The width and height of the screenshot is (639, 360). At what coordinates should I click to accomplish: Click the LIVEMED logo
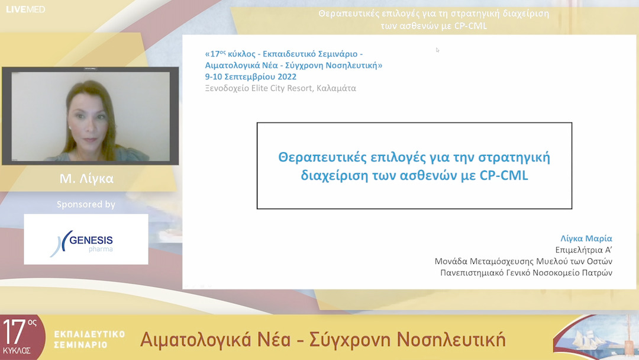coord(25,9)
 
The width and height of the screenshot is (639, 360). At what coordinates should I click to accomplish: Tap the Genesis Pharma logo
coord(86,239)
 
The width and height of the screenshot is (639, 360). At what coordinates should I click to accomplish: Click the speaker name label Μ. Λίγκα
coord(86,178)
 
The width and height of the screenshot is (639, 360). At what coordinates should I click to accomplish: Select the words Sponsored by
coord(86,204)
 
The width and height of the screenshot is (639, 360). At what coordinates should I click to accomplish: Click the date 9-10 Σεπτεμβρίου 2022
coord(251,76)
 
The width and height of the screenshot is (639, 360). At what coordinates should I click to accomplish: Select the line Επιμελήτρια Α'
coord(583,249)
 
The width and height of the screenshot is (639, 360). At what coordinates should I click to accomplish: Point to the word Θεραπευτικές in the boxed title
coord(317,157)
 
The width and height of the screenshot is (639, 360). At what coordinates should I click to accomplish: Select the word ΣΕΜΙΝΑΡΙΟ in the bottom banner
coord(80,344)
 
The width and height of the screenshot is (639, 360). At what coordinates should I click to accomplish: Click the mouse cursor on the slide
coord(438,50)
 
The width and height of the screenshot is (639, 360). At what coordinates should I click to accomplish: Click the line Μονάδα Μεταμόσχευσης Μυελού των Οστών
coord(523,261)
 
